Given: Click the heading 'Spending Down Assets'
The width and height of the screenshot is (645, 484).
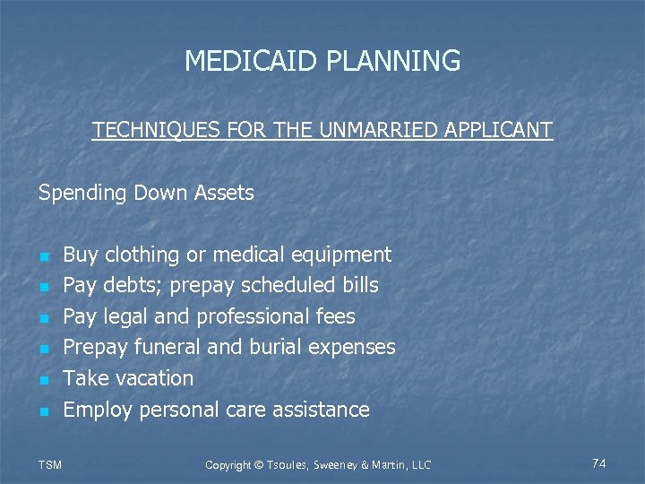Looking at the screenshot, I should [x=146, y=193].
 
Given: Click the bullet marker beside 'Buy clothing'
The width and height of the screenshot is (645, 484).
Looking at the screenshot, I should [x=44, y=256].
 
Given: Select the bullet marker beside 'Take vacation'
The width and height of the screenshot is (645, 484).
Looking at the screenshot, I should [x=44, y=380].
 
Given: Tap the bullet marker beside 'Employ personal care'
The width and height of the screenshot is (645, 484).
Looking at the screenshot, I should [x=44, y=411].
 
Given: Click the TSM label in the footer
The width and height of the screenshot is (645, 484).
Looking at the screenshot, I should [x=52, y=464].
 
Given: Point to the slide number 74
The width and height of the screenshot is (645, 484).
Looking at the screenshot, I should [x=599, y=463].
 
